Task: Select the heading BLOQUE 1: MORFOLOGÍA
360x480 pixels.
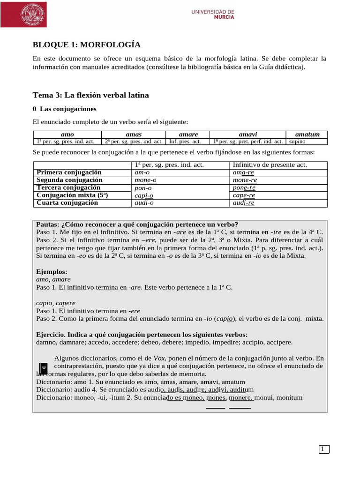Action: coord(86,45)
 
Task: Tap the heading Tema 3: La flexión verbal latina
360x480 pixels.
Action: coord(90,95)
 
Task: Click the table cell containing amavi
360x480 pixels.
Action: coord(247,135)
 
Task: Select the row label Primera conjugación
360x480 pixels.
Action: coord(69,172)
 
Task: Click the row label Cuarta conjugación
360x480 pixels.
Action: coord(67,202)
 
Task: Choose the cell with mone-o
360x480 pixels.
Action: coord(145,180)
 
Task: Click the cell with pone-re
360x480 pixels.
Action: coord(244,187)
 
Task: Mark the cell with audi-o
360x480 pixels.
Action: coord(144,203)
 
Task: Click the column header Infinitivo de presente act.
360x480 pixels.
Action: coord(270,165)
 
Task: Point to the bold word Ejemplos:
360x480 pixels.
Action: coord(52,271)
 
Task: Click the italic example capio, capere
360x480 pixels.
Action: coord(56,303)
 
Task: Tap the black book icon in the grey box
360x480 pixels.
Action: coord(43,368)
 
